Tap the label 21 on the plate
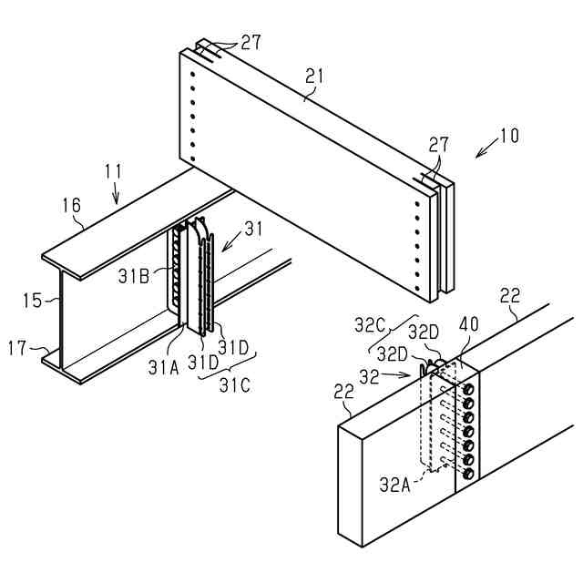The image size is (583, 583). point(314,77)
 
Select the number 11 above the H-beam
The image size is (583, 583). point(113,169)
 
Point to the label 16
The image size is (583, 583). point(72,206)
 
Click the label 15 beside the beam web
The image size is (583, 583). point(33,300)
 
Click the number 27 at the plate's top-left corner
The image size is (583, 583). point(251,43)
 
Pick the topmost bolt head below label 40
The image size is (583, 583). point(468,390)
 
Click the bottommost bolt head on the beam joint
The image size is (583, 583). point(468,474)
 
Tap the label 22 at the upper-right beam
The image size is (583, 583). point(511,295)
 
